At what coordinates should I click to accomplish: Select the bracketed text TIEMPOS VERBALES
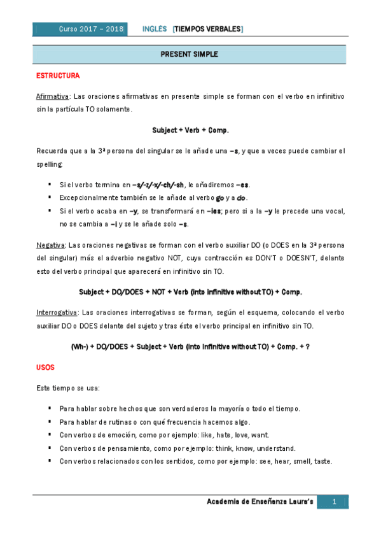pos(207,29)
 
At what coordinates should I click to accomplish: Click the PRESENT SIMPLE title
pos(190,55)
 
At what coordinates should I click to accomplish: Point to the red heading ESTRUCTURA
pos(57,76)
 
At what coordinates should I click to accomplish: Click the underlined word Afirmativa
pos(53,96)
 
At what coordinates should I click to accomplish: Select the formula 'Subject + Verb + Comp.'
pos(190,130)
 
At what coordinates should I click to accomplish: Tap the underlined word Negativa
pos(50,244)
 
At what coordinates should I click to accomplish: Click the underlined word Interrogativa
pos(57,313)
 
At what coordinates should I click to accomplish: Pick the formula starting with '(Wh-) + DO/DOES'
pos(190,347)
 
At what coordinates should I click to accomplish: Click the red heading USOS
pos(45,368)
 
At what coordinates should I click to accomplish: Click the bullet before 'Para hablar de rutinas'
pos(50,422)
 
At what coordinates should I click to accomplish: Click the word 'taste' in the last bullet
pos(322,462)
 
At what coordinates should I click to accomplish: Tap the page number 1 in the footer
pos(333,503)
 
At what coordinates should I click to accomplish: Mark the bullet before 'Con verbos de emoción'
pos(50,436)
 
